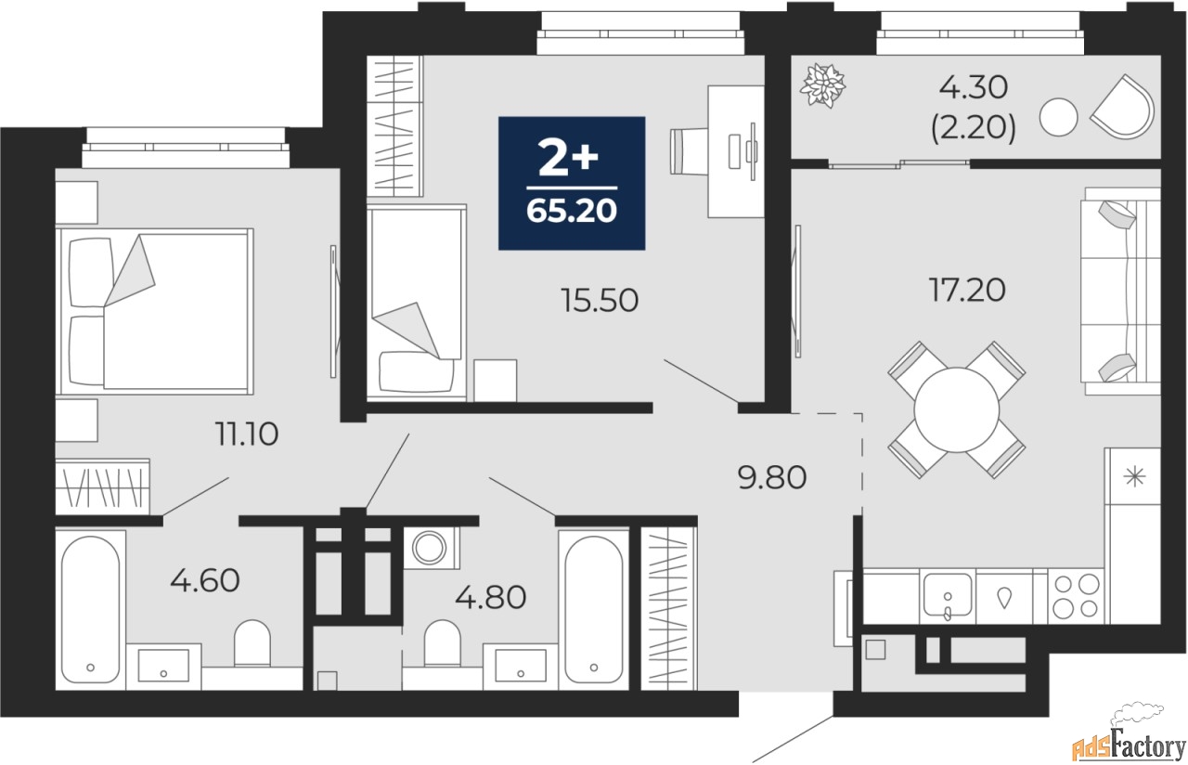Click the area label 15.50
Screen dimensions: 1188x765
click(x=600, y=300)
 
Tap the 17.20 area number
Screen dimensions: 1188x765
click(x=967, y=291)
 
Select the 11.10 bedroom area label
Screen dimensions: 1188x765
click(x=247, y=434)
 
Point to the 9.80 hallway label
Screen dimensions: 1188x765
click(x=771, y=477)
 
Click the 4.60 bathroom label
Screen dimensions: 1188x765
click(x=205, y=580)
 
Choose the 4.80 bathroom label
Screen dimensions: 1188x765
click(x=491, y=597)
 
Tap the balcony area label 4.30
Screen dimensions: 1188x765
click(x=974, y=87)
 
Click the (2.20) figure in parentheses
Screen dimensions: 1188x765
click(x=974, y=128)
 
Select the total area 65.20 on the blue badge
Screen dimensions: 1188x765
click(x=572, y=211)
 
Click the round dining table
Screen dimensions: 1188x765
click(x=957, y=410)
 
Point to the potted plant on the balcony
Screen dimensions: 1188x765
click(x=822, y=85)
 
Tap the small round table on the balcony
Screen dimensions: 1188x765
click(x=1059, y=117)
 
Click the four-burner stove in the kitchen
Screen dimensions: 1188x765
click(x=1076, y=597)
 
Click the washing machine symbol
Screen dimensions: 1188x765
click(x=429, y=548)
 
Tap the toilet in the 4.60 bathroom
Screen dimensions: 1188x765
click(x=252, y=643)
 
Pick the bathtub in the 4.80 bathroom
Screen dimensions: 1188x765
click(x=593, y=610)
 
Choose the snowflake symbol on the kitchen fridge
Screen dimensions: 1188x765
click(x=1134, y=476)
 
